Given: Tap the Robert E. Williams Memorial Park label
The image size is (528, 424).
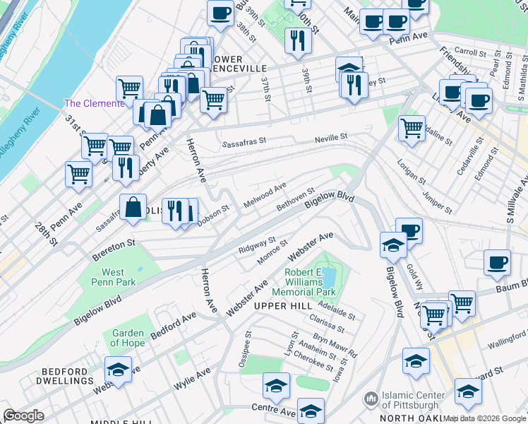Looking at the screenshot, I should pyautogui.click(x=310, y=281).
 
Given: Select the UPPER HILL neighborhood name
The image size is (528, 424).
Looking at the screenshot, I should pyautogui.click(x=282, y=306).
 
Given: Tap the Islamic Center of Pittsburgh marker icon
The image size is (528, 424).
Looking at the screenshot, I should pyautogui.click(x=371, y=400).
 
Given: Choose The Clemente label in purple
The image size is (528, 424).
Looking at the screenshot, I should pyautogui.click(x=94, y=103).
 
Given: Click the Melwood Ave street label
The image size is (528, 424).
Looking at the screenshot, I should pyautogui.click(x=265, y=194).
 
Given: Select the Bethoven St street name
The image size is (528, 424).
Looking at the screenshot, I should pyautogui.click(x=295, y=199).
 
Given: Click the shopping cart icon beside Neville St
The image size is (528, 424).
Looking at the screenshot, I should pyautogui.click(x=412, y=129).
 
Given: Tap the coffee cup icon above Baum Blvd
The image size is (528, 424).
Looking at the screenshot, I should pyautogui.click(x=497, y=263).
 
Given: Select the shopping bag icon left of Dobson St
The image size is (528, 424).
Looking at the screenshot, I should pyautogui.click(x=133, y=208).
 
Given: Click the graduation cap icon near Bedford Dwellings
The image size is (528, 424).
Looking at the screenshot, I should pyautogui.click(x=119, y=369).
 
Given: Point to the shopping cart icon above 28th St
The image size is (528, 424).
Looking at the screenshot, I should pyautogui.click(x=79, y=173).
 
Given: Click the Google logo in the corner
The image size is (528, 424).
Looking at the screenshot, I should pyautogui.click(x=23, y=416).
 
